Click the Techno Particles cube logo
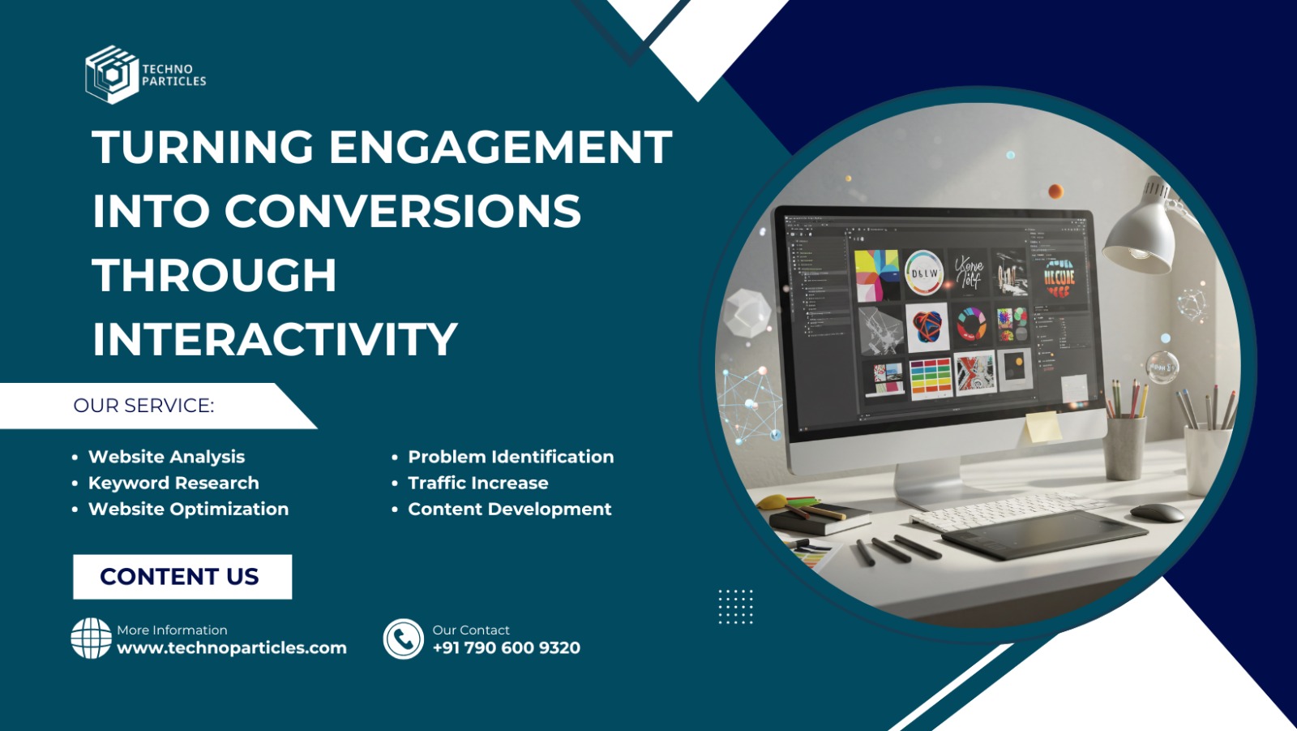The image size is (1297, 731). point(111,75)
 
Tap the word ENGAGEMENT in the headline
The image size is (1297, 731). point(500,148)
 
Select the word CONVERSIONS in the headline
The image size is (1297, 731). point(402,212)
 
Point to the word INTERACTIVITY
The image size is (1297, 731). point(275,339)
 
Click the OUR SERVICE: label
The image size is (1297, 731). point(143,406)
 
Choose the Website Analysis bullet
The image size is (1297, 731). point(166,457)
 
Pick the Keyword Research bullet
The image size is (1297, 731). point(173,483)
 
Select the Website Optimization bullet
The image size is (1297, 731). point(188,509)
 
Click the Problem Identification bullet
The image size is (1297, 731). point(511,457)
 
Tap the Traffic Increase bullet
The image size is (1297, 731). point(478,483)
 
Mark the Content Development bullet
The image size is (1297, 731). point(510,509)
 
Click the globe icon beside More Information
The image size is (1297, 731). point(91,639)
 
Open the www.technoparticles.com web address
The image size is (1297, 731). point(232,648)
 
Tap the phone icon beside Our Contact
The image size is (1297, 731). point(404,639)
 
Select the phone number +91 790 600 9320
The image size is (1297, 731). point(507,648)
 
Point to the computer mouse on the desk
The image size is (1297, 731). point(1157,512)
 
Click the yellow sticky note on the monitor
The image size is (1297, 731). point(1042,426)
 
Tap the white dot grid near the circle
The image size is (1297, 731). point(735,607)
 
